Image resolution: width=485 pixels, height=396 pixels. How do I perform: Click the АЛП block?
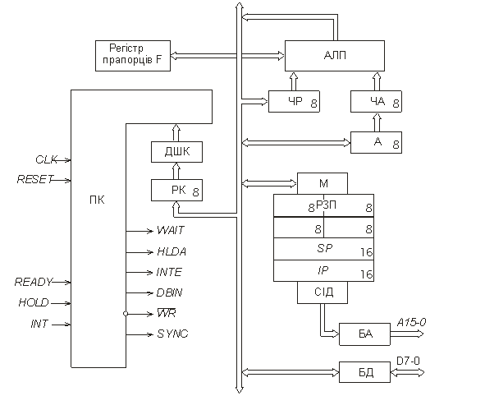[x=335, y=56]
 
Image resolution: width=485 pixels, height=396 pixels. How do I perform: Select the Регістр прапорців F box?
[x=133, y=56]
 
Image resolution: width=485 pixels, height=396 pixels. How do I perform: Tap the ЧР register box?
[x=294, y=102]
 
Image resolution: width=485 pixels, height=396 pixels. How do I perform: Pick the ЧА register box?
[x=376, y=102]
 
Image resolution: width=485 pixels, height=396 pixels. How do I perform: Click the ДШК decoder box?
[x=176, y=152]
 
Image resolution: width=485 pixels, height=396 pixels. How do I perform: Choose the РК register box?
[x=176, y=190]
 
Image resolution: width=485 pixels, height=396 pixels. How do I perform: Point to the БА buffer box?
[x=364, y=334]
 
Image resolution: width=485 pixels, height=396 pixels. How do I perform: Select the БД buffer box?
[x=364, y=372]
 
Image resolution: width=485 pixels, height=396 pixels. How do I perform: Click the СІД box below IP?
[x=323, y=292]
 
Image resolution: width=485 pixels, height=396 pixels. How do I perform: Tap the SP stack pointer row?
[x=323, y=249]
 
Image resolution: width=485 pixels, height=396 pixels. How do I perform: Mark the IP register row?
[x=323, y=270]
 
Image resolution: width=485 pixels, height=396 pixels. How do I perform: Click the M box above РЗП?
[x=323, y=183]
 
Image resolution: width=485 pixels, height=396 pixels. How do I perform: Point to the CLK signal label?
[x=46, y=159]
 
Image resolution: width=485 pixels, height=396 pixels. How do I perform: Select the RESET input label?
[x=35, y=179]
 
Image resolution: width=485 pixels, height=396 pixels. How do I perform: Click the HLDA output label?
[x=172, y=251]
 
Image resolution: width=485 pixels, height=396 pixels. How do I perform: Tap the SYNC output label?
[x=172, y=334]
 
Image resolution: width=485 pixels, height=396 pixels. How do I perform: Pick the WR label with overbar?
[x=167, y=313]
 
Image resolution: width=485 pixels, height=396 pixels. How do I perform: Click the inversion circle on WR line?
[x=126, y=314]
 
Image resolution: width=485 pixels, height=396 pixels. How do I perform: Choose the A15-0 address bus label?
[x=411, y=323]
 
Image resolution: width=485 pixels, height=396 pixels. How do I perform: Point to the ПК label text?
[x=97, y=200]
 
